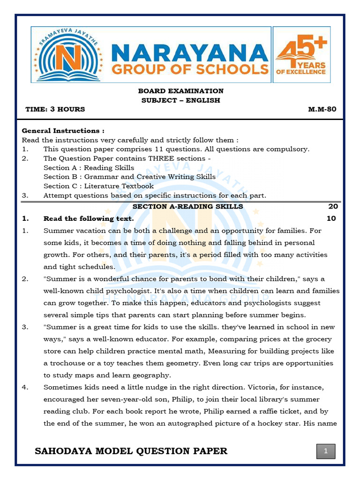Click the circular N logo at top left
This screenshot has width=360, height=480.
[x=68, y=54]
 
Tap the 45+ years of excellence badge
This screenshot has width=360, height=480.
[x=301, y=54]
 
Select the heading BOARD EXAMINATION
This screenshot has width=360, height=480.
[x=180, y=91]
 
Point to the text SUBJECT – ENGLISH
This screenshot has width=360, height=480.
[x=180, y=100]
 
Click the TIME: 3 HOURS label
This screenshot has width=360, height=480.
[x=55, y=109]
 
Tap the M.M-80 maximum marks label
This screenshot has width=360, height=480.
[x=322, y=109]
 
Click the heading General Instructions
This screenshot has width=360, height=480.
[x=63, y=131]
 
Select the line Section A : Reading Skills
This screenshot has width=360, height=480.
[x=89, y=168]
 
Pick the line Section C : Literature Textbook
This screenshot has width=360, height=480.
[x=98, y=186]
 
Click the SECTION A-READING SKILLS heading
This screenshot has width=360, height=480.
[x=187, y=206]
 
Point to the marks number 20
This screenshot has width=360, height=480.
[x=333, y=206]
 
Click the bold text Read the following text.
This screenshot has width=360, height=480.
[x=89, y=218]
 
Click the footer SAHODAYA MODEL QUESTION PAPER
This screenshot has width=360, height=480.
[x=131, y=451]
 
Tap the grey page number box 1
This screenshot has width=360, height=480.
[x=326, y=451]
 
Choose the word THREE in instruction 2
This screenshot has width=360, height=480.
[x=164, y=158]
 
